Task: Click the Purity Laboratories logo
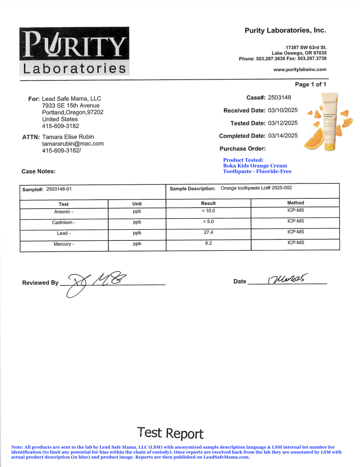click(74, 51)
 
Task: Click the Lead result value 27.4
click(208, 233)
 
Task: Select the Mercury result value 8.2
click(208, 243)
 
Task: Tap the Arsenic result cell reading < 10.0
click(208, 211)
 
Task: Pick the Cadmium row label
click(64, 223)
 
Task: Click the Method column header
click(295, 203)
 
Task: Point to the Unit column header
click(137, 204)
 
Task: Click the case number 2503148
click(279, 98)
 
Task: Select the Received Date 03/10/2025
click(283, 110)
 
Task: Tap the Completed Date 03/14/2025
click(283, 136)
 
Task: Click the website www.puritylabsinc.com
click(300, 70)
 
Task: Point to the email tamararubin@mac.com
click(73, 144)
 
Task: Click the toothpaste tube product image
click(330, 122)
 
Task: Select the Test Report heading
click(170, 433)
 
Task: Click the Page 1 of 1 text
click(310, 84)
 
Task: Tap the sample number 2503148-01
click(59, 189)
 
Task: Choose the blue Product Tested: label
click(243, 160)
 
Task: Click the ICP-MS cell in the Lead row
click(295, 232)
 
